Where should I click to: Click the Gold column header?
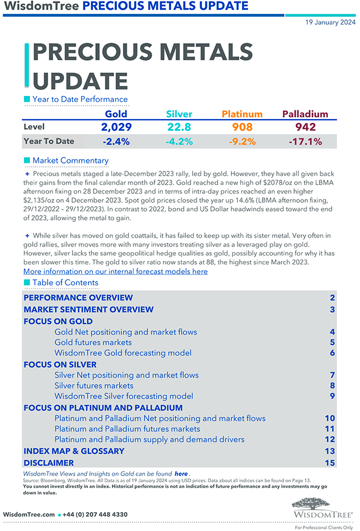[x=116, y=114]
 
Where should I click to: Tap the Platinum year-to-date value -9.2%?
[x=242, y=141]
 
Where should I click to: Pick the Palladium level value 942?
[x=305, y=127]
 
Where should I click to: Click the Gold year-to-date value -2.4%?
[x=116, y=141]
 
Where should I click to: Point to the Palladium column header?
[x=305, y=114]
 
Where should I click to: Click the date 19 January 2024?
[x=330, y=22]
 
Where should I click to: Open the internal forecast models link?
[x=116, y=272]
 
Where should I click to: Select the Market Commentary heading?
[x=70, y=161]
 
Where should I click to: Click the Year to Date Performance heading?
[x=80, y=99]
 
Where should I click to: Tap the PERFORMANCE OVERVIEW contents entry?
[x=78, y=298]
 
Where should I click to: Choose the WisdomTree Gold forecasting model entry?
[x=123, y=353]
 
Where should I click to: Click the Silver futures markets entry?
[x=94, y=385]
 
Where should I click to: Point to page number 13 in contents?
[x=330, y=451]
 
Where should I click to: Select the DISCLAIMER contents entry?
[x=49, y=463]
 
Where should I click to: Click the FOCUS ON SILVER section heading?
[x=60, y=365]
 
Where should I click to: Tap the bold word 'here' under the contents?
[x=181, y=474]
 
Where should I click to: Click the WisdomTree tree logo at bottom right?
[x=323, y=507]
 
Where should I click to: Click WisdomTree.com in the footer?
[x=29, y=514]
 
